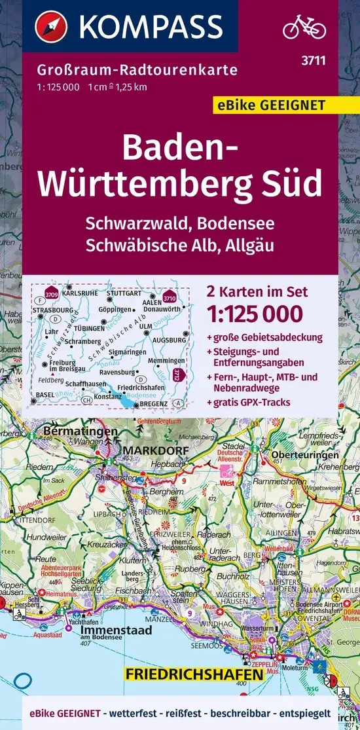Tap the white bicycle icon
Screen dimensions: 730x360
point(304,27)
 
